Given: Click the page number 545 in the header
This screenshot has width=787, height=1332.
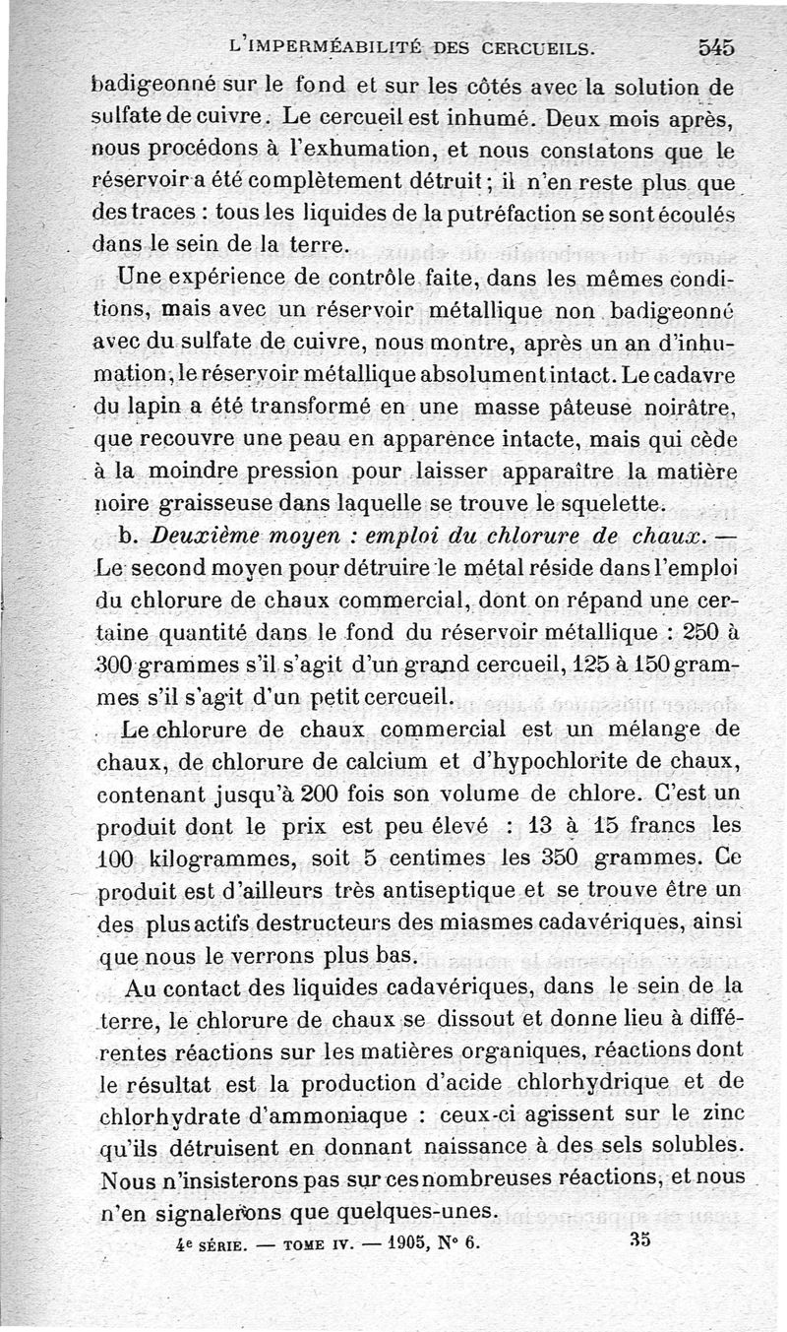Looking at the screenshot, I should (716, 45).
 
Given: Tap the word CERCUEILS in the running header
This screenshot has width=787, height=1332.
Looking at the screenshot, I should (537, 45).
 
